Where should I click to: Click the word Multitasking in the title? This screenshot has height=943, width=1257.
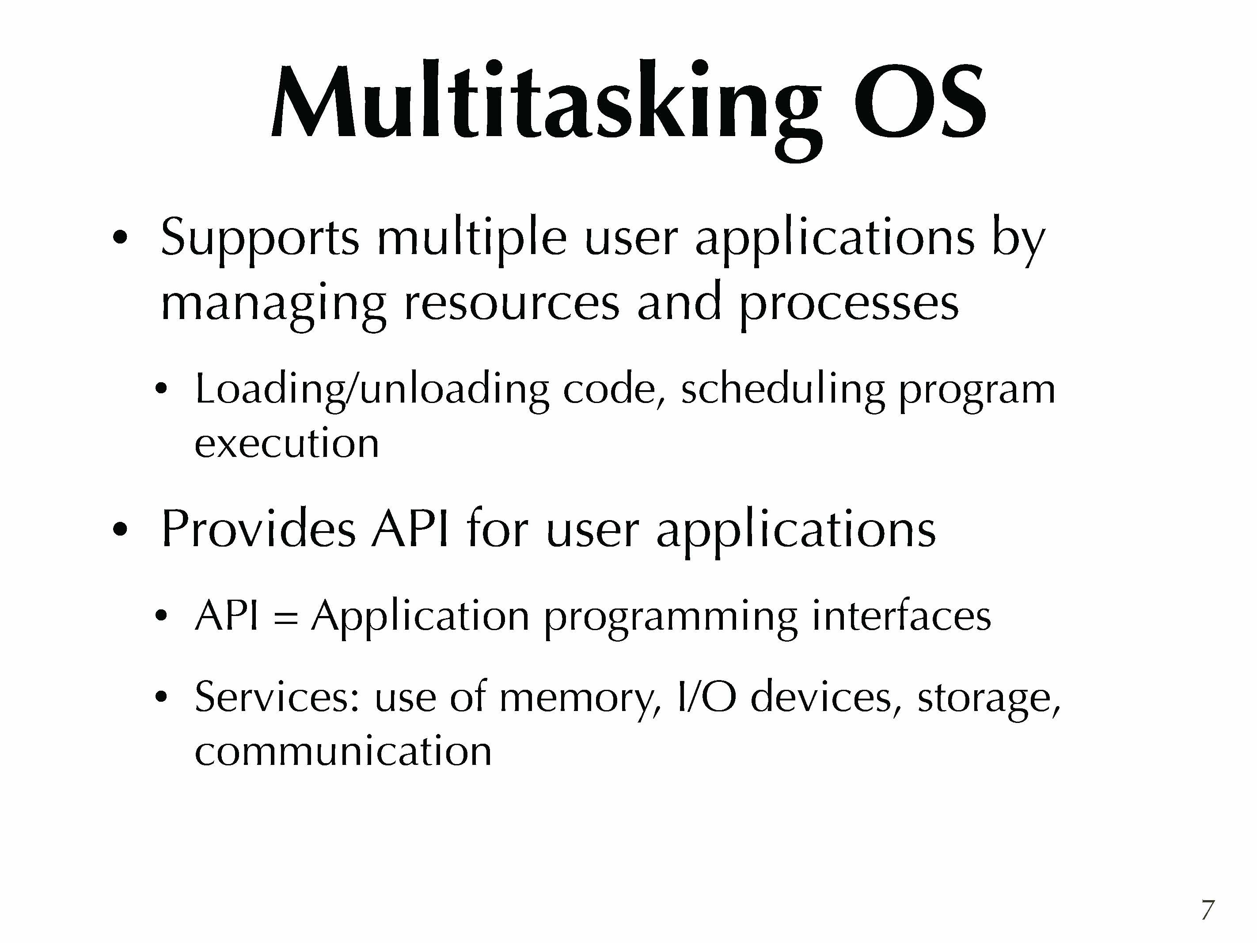(546, 108)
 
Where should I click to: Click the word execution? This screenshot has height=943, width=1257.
(286, 443)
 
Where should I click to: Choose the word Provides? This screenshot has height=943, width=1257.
(258, 529)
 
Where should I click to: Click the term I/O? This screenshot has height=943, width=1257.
(707, 696)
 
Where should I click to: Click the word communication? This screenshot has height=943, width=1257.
(343, 752)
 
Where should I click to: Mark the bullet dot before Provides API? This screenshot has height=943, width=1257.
(120, 530)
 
